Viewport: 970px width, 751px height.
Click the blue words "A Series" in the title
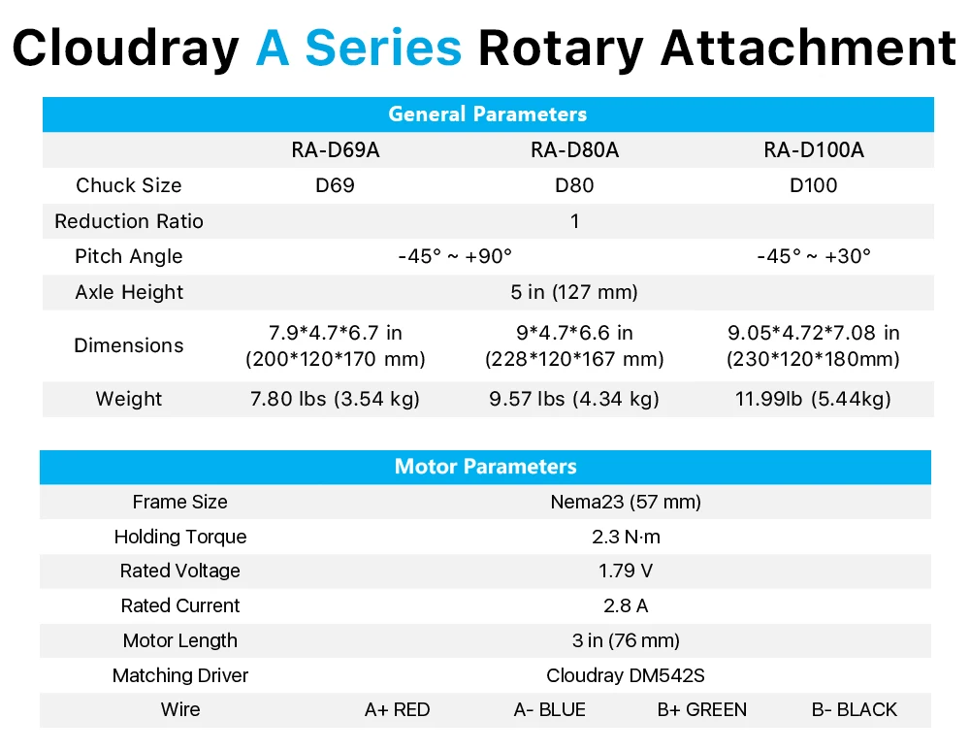pyautogui.click(x=359, y=49)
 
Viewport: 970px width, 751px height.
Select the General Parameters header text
pyautogui.click(x=488, y=114)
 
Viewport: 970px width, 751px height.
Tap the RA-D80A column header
pyautogui.click(x=574, y=149)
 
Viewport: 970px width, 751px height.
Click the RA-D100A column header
pyautogui.click(x=814, y=149)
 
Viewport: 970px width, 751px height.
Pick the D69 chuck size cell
pyautogui.click(x=335, y=185)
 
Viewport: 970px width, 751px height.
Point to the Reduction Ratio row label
pyautogui.click(x=129, y=221)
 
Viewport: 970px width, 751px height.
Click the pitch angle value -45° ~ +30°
pyautogui.click(x=814, y=256)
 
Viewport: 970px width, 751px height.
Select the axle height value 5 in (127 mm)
pyautogui.click(x=574, y=292)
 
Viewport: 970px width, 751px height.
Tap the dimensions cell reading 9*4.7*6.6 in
pyautogui.click(x=574, y=333)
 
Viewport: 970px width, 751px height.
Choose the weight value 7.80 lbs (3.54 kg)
pyautogui.click(x=335, y=399)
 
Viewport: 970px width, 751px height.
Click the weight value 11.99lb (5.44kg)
pyautogui.click(x=813, y=399)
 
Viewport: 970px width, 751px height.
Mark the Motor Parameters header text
pyautogui.click(x=486, y=467)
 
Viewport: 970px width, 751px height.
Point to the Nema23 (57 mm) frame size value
pyautogui.click(x=626, y=502)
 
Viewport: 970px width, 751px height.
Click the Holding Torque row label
pyautogui.click(x=180, y=537)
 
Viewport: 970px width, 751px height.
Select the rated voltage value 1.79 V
pyautogui.click(x=626, y=571)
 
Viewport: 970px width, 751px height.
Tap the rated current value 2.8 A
pyautogui.click(x=626, y=605)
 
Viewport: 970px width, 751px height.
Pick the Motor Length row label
pyautogui.click(x=180, y=640)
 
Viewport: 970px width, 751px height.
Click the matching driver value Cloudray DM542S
pyautogui.click(x=626, y=675)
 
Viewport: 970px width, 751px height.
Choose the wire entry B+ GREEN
pyautogui.click(x=702, y=709)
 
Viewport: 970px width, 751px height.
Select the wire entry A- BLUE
pyautogui.click(x=549, y=709)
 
